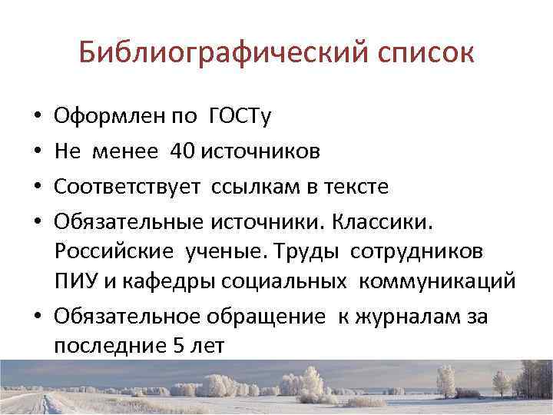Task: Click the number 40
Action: [x=184, y=151]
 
